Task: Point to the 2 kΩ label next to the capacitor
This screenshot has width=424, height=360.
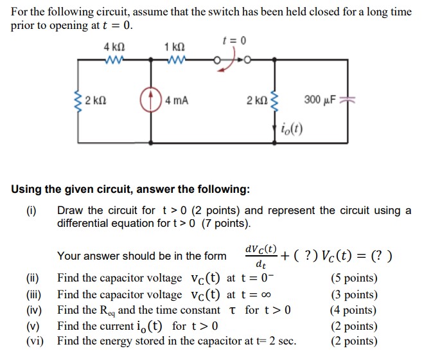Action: point(258,100)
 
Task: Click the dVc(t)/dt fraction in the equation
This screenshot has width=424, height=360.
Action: point(260,256)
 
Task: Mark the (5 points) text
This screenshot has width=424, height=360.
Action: point(354,278)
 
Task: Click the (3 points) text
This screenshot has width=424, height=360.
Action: point(354,294)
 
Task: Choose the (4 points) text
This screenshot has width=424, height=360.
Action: point(354,310)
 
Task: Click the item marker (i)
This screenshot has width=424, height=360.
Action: point(31,210)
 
